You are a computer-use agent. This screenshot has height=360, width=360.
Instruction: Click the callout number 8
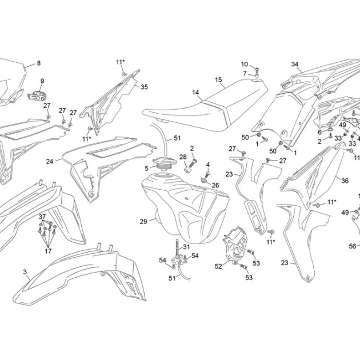click(x=39, y=63)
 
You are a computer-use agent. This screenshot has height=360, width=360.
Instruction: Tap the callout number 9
click(x=42, y=81)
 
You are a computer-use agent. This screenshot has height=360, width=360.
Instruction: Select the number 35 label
click(x=144, y=87)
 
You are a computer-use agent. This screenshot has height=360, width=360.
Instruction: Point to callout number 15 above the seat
click(x=218, y=80)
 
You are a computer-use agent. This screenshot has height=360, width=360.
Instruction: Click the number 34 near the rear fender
click(x=295, y=64)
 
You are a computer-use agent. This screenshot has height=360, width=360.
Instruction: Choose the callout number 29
click(x=143, y=222)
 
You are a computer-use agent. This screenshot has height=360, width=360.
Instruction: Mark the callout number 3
click(x=25, y=272)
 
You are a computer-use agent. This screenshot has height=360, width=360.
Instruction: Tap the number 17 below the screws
click(x=48, y=251)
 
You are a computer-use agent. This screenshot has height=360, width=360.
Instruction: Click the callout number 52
click(x=218, y=266)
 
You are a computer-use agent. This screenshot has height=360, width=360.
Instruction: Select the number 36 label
click(x=345, y=181)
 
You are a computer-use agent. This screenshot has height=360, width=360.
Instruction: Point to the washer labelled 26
click(x=204, y=181)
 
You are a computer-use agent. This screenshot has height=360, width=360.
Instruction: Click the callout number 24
click(x=50, y=162)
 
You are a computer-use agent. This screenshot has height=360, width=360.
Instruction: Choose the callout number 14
click(x=195, y=93)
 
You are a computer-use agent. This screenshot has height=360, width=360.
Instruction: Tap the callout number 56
click(x=353, y=246)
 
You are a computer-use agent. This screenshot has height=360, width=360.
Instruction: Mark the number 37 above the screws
click(x=42, y=217)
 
